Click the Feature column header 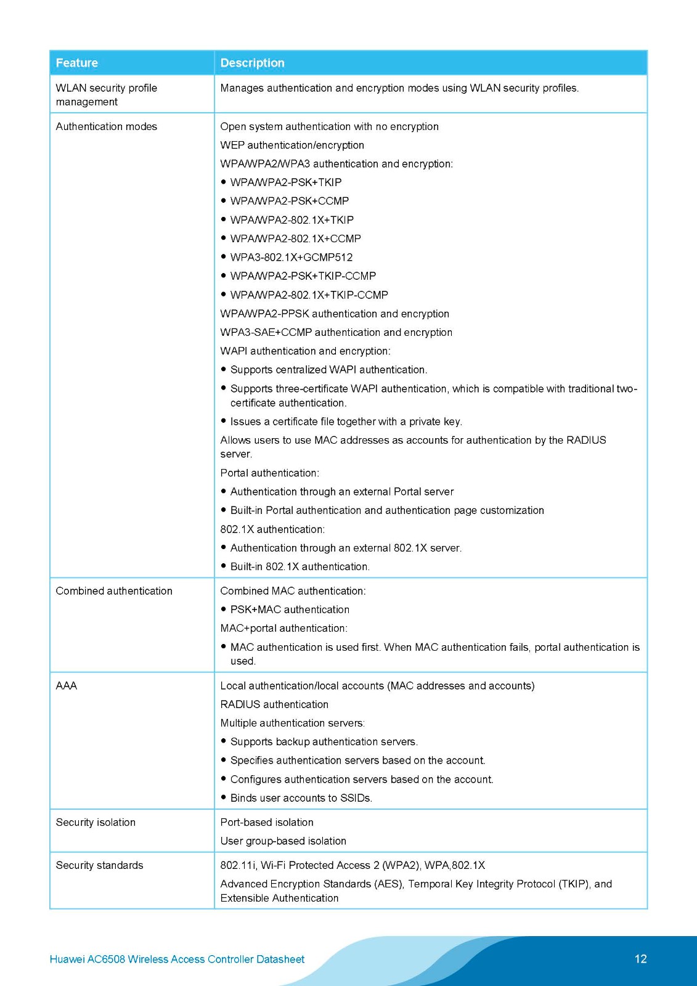[77, 63]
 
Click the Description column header [253, 63]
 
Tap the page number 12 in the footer [640, 959]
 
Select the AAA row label [67, 686]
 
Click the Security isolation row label [96, 822]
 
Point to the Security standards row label [99, 865]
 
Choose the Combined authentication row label [114, 591]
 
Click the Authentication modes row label [107, 126]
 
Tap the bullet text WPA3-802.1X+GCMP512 [291, 257]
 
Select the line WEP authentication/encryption [292, 145]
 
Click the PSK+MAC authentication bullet [290, 609]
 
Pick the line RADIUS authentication [274, 704]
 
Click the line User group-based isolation [283, 841]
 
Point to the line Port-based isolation [267, 822]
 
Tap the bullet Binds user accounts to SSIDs [301, 798]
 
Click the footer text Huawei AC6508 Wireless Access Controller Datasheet [177, 960]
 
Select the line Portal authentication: [270, 473]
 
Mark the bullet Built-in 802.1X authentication [300, 566]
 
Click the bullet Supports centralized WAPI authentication [328, 370]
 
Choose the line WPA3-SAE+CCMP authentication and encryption [336, 332]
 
